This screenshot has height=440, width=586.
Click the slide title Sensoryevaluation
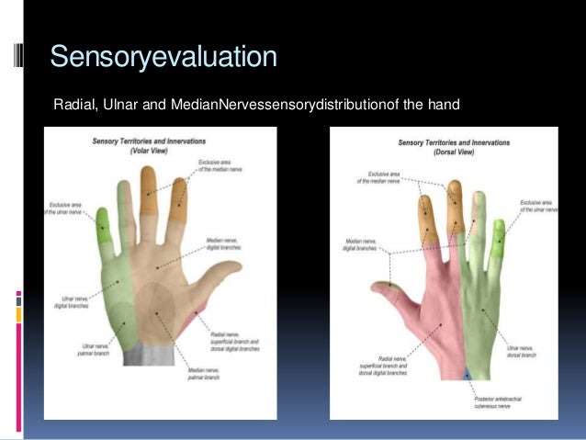coord(163,56)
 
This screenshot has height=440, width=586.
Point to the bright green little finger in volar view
coord(103,225)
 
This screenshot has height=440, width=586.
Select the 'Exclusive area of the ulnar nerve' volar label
coord(65,209)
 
